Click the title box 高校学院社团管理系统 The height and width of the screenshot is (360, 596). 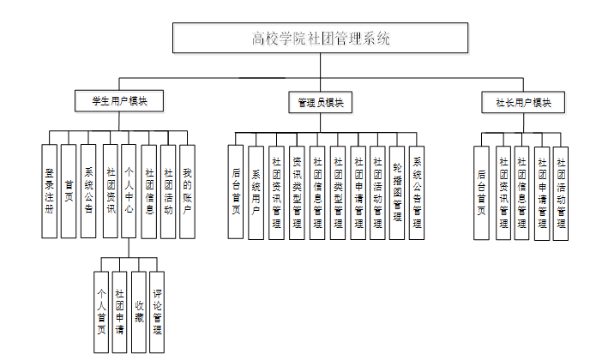pos(320,39)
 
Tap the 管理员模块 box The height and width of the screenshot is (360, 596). pos(321,102)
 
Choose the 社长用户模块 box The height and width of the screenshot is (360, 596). pos(523,102)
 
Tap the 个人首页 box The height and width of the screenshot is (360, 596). pos(101,312)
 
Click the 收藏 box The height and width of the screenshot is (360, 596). pos(139,312)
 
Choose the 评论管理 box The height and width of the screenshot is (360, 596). pos(158,312)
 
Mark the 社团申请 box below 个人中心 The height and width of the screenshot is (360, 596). pos(120,312)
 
